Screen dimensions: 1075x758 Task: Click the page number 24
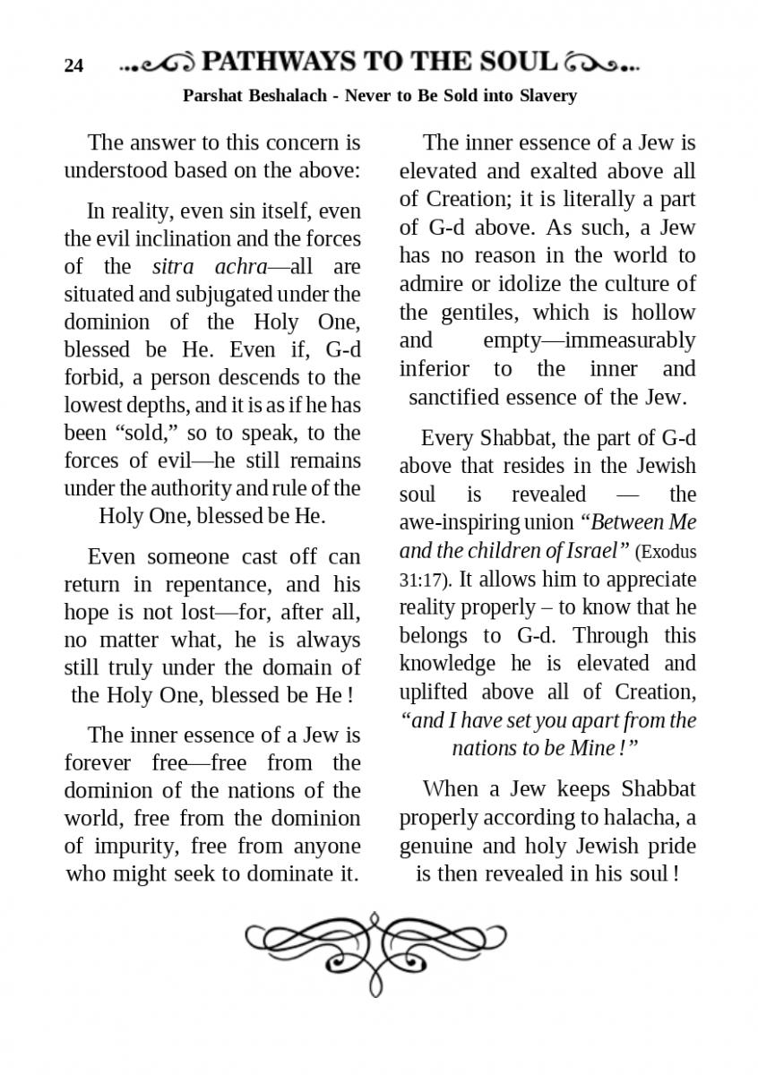(x=73, y=65)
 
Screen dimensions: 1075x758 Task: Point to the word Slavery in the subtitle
(x=547, y=95)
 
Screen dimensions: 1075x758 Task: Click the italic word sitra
(x=172, y=267)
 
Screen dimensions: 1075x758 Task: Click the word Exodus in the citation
(x=666, y=551)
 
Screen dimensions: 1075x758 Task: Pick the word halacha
(x=645, y=818)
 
